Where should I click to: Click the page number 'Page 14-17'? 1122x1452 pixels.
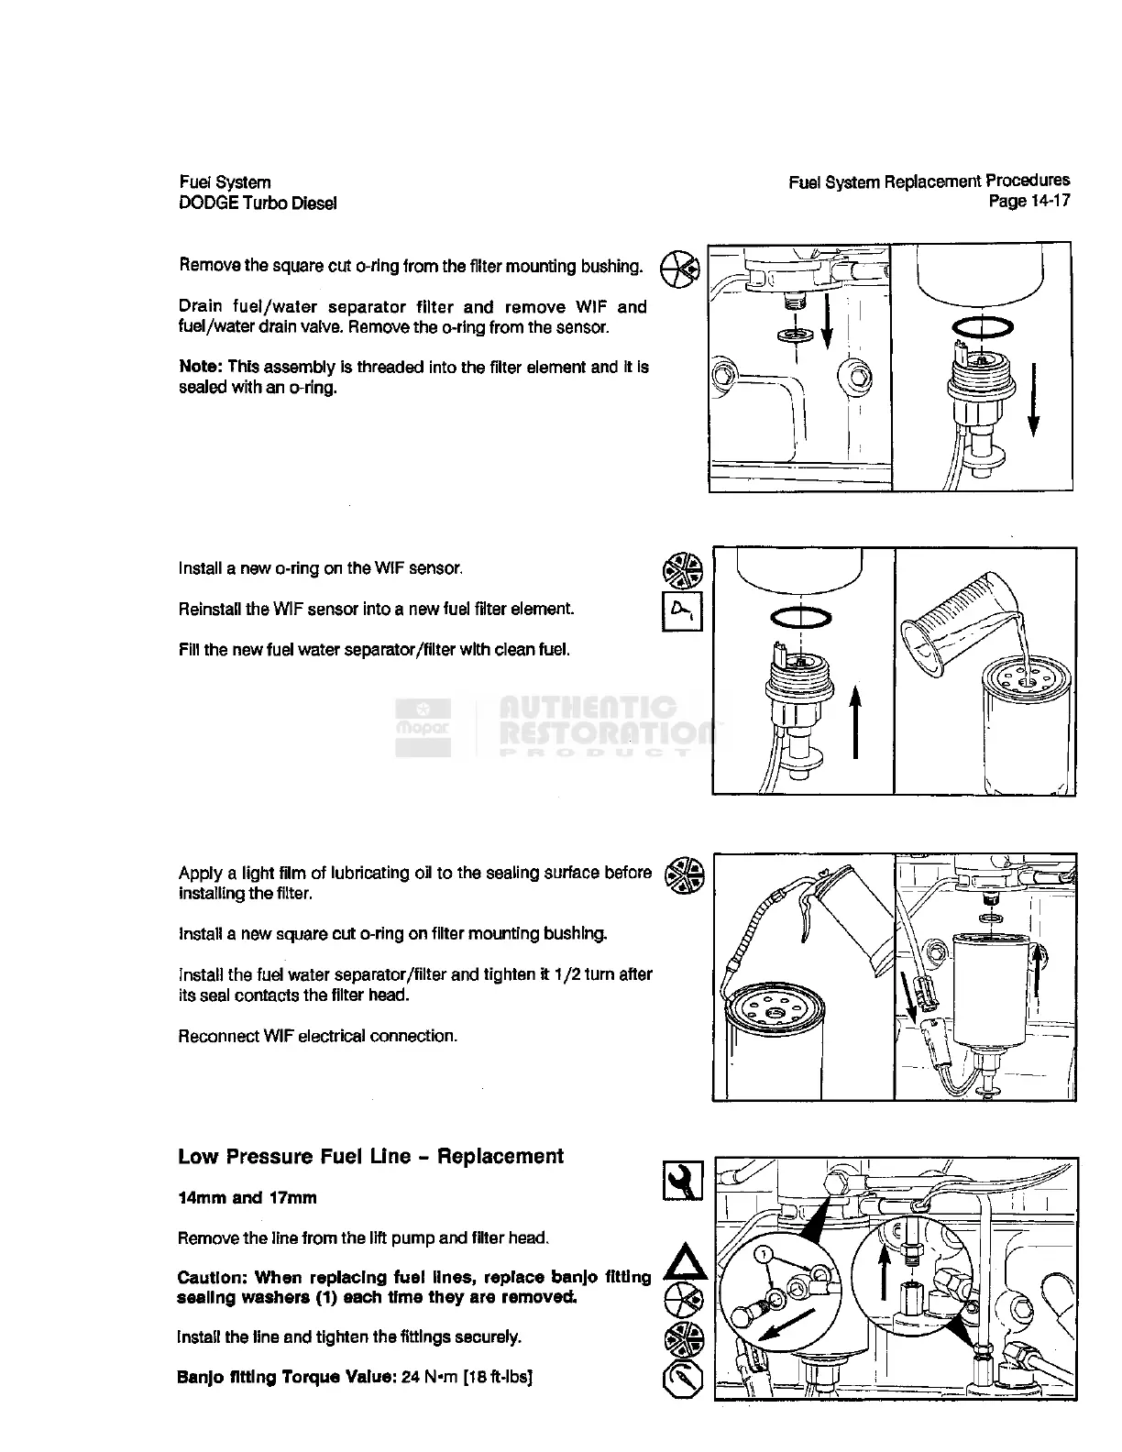[x=1028, y=201]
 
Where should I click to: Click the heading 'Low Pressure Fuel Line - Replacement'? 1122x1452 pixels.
[x=370, y=1157]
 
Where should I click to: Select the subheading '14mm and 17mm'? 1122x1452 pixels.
[x=247, y=1198]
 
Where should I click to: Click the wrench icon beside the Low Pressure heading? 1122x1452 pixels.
[x=683, y=1181]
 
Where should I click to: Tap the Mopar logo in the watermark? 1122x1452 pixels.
[x=423, y=728]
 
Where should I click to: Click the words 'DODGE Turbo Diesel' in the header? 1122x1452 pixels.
[x=258, y=203]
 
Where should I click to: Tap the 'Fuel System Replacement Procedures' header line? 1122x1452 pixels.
[x=929, y=181]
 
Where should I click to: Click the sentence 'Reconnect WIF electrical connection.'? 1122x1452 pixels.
[x=317, y=1037]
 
